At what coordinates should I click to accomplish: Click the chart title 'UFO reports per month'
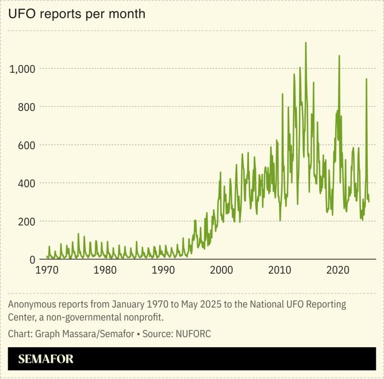pyautogui.click(x=76, y=14)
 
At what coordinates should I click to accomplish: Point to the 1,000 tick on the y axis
pyautogui.click(x=23, y=69)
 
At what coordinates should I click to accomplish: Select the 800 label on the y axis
pyautogui.click(x=27, y=107)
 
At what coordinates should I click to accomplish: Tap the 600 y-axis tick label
pyautogui.click(x=27, y=145)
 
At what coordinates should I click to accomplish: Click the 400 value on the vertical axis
pyautogui.click(x=27, y=183)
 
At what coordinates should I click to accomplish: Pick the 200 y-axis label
pyautogui.click(x=27, y=222)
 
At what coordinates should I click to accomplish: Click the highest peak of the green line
pyautogui.click(x=306, y=43)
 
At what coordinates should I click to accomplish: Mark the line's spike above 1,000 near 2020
pyautogui.click(x=339, y=56)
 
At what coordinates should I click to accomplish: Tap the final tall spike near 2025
pyautogui.click(x=366, y=79)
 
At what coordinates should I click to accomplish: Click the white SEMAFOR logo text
pyautogui.click(x=46, y=359)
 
